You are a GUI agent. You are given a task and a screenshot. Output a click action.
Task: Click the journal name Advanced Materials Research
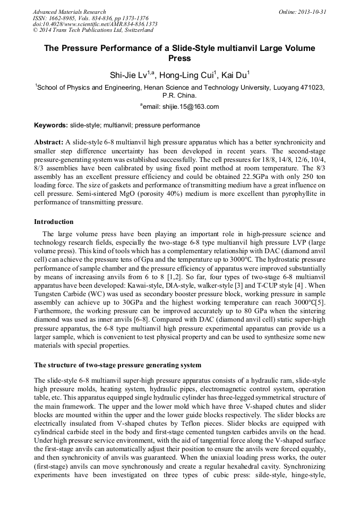(69, 12)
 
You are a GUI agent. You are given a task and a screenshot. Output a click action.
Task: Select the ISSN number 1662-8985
(65, 18)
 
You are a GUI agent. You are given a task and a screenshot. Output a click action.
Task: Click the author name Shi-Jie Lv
(127, 76)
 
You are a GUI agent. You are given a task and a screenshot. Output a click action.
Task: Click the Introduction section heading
(54, 222)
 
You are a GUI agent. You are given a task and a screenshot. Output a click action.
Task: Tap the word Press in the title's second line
(179, 58)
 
